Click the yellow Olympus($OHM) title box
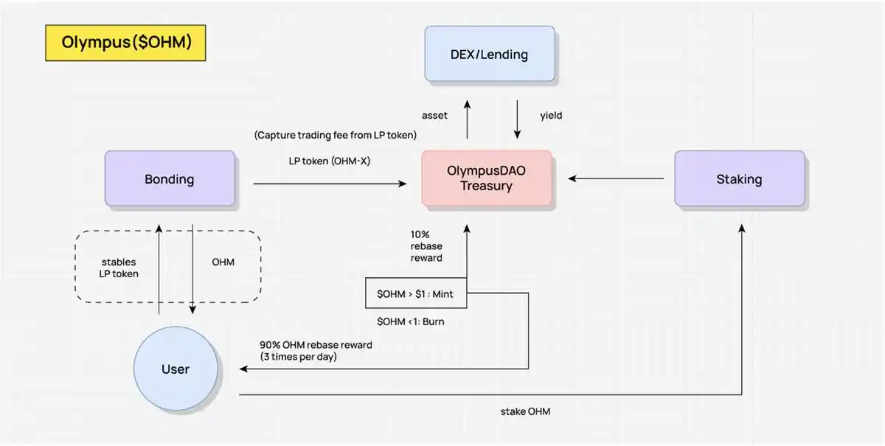[x=126, y=43]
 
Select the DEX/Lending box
[x=489, y=54]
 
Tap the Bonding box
[x=170, y=179]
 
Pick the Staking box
[x=739, y=179]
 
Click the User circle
[x=176, y=369]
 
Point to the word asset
[x=435, y=116]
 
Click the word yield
[x=551, y=116]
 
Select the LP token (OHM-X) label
[x=329, y=160]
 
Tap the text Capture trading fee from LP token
[x=336, y=135]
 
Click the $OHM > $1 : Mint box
[x=415, y=294]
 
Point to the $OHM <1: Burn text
[x=411, y=321]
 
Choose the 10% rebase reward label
[x=427, y=245]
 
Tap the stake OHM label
[x=525, y=411]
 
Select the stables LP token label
[x=118, y=268]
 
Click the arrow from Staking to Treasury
[x=616, y=178]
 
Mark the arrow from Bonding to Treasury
[x=329, y=184]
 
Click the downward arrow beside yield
[x=517, y=118]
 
